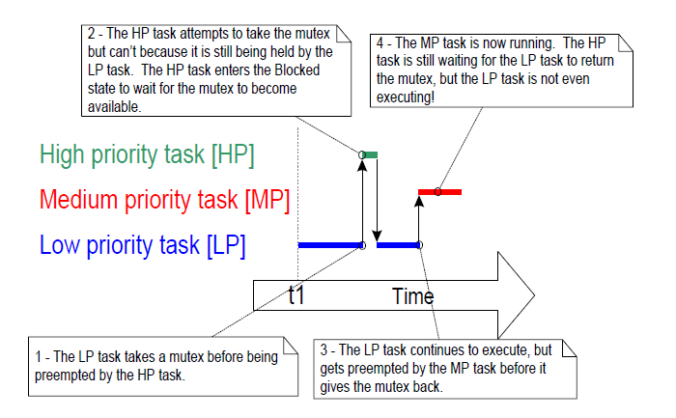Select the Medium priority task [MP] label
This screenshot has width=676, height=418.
pos(165,200)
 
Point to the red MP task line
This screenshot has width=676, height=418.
pos(440,191)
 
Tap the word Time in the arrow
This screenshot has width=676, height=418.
pos(412,296)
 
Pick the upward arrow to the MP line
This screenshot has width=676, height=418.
pos(420,218)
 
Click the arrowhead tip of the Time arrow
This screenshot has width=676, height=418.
pos(533,294)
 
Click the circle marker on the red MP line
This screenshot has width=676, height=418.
pos(437,191)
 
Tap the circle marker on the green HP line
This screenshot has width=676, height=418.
pos(362,154)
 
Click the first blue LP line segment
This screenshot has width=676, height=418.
pos(329,245)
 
